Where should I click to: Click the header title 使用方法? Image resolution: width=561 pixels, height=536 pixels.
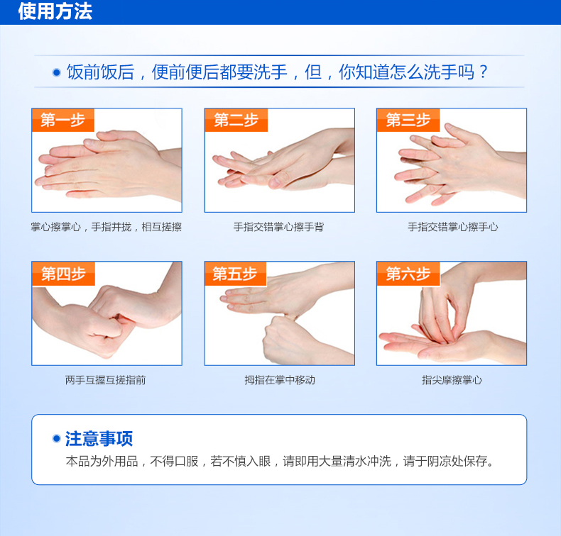point(55,11)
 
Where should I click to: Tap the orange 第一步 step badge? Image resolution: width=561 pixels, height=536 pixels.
point(63,120)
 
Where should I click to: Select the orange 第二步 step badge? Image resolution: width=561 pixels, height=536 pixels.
point(236,120)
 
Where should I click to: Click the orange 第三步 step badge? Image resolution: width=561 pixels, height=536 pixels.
point(408,120)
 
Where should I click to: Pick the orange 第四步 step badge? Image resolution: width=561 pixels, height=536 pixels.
point(63,274)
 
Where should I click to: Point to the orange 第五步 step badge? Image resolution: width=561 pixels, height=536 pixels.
point(236,274)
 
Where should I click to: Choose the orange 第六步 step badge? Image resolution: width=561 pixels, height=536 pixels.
point(408,274)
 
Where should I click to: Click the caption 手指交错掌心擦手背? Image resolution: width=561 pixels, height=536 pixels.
point(278,227)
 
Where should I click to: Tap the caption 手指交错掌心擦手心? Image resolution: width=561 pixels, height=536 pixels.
point(452,227)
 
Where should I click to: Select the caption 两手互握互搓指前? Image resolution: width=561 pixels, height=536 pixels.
point(106,380)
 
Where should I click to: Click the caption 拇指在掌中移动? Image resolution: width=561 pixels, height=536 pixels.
point(280,380)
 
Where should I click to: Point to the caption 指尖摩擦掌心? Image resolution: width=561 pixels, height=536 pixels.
point(452,380)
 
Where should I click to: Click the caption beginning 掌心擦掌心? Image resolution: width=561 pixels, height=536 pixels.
point(107,227)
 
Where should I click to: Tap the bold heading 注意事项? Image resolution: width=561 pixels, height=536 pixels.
point(99,438)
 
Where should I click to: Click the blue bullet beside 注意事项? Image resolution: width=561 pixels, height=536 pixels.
point(57,438)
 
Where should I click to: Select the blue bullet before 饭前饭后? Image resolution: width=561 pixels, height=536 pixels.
point(57,72)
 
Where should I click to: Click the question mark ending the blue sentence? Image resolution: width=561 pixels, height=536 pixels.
point(484,72)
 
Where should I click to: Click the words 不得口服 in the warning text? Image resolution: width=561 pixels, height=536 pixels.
point(174,461)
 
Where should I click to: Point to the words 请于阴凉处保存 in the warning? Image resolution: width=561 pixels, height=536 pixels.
point(445,461)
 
